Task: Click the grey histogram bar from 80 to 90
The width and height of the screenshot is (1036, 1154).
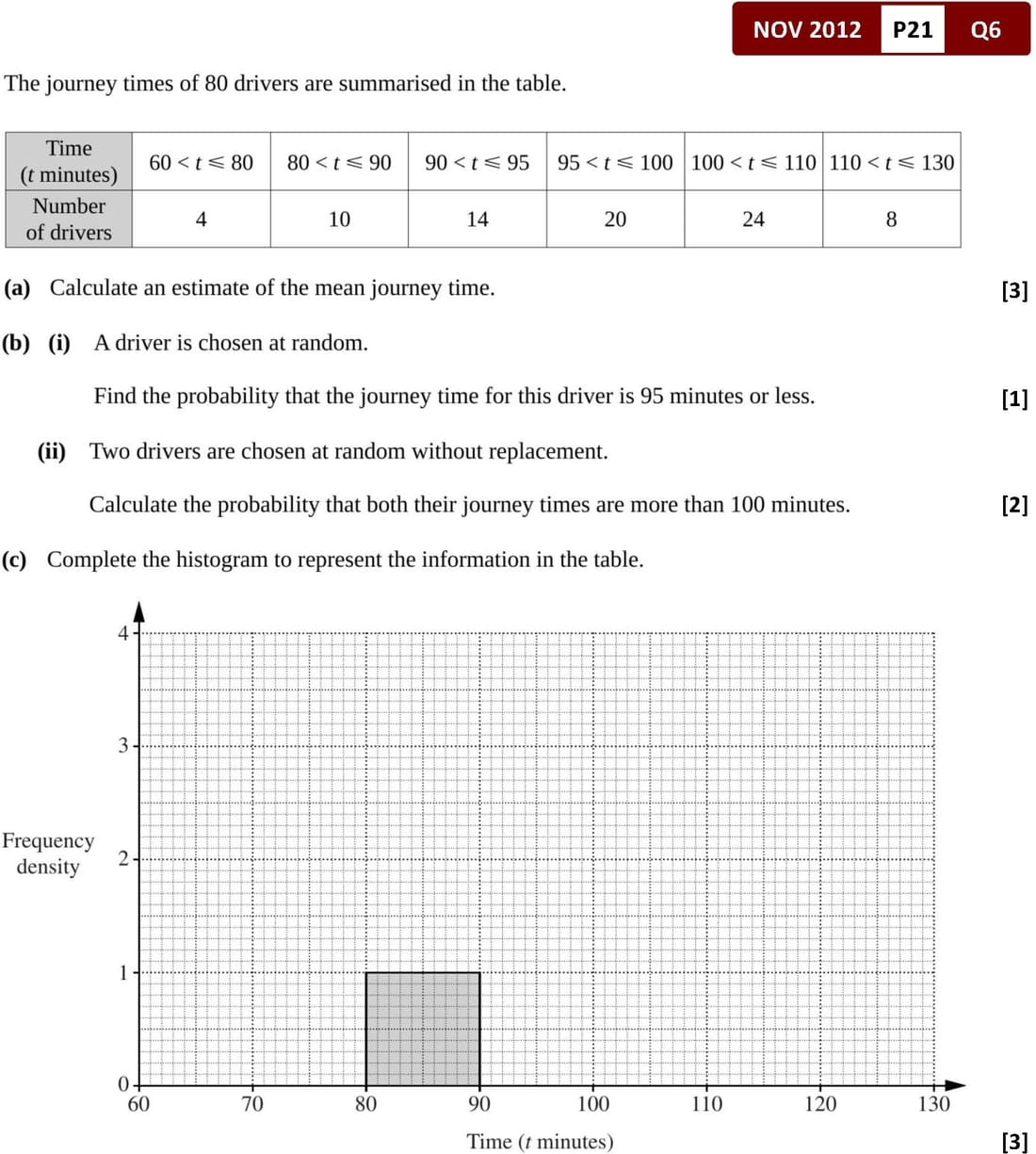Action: [x=422, y=1029]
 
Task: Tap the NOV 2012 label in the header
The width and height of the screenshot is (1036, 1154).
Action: [x=806, y=29]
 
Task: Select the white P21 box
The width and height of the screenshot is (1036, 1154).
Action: [x=912, y=29]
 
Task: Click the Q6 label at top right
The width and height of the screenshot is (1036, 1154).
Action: [x=985, y=29]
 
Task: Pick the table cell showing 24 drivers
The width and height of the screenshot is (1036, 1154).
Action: [x=753, y=219]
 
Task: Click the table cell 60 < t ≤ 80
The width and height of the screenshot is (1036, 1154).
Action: [x=201, y=162]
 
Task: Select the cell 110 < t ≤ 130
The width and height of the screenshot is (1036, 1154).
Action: [x=891, y=162]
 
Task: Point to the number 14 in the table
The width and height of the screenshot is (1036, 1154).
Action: [x=477, y=219]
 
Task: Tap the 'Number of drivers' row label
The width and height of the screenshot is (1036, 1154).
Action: [x=69, y=219]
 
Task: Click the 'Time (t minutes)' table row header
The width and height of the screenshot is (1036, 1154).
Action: [x=69, y=161]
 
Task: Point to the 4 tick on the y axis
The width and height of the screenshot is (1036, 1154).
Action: [x=123, y=633]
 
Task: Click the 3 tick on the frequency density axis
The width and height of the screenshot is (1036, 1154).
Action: [x=123, y=746]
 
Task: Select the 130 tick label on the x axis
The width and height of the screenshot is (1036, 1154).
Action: [x=933, y=1104]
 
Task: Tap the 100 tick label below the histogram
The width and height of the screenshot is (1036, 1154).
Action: [x=592, y=1104]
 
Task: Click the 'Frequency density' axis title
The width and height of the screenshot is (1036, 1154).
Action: [x=48, y=853]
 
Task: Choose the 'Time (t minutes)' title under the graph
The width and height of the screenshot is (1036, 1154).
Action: [x=539, y=1142]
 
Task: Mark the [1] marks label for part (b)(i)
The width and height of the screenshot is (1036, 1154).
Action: [x=1014, y=398]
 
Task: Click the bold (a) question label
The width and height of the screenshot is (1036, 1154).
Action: [x=17, y=288]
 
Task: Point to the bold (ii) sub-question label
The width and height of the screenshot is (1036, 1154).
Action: [x=52, y=451]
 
